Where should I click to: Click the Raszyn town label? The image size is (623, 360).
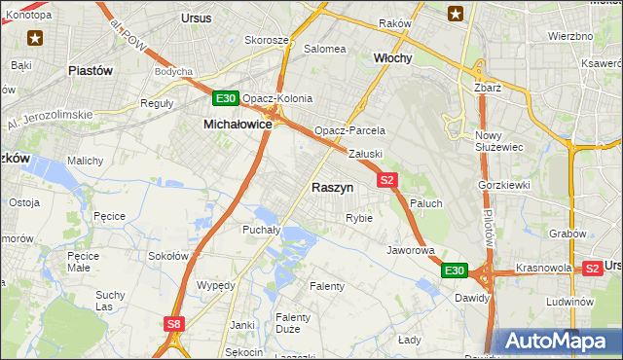(x=332, y=187)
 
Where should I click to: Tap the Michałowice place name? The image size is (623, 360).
(x=238, y=125)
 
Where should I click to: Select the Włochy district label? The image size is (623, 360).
(x=393, y=58)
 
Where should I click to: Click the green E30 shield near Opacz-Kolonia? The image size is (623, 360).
(x=225, y=98)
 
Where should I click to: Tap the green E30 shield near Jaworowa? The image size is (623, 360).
(x=455, y=270)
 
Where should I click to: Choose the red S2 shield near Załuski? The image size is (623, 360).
(x=387, y=179)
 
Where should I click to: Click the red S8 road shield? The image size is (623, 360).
(x=173, y=324)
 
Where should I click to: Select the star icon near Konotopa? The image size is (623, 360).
(x=35, y=38)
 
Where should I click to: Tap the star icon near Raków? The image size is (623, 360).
(x=455, y=13)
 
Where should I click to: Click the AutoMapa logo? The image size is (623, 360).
(x=555, y=342)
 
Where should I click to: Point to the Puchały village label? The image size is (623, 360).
(x=261, y=231)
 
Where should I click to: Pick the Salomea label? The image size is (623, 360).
(x=325, y=48)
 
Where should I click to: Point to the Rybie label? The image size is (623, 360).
(x=358, y=218)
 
